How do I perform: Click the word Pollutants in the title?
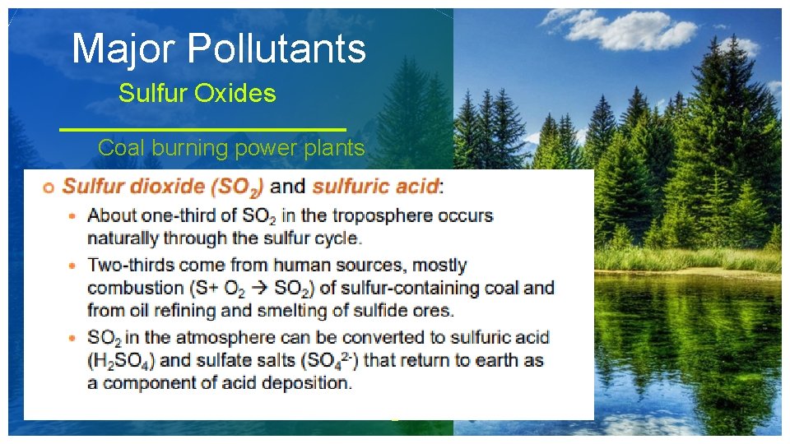276,49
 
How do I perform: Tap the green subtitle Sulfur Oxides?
197,94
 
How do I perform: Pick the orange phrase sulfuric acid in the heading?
375,187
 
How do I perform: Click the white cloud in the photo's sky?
634,29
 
